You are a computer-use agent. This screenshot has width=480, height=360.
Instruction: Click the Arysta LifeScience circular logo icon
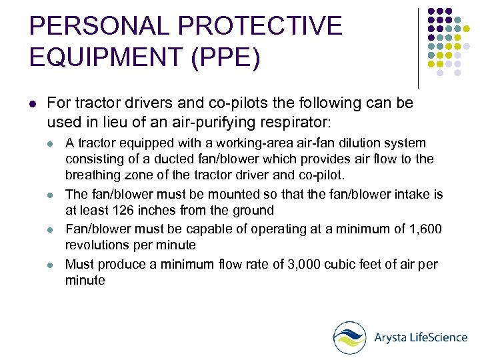(x=350, y=337)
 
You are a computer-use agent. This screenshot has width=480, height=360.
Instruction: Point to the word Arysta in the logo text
(x=390, y=337)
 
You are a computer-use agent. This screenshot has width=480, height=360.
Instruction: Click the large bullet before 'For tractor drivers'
(x=33, y=104)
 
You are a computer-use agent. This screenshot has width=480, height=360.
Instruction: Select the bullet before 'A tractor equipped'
(x=51, y=143)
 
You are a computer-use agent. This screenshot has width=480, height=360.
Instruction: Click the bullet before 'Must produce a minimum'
(x=51, y=265)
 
